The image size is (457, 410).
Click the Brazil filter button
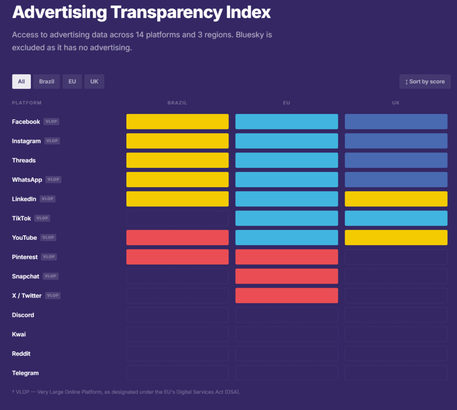click(x=46, y=82)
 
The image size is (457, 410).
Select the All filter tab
click(x=21, y=82)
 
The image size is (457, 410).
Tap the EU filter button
click(x=72, y=82)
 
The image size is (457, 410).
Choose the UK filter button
click(x=94, y=82)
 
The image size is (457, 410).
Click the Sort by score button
click(x=425, y=82)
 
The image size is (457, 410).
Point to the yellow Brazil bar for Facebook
click(x=177, y=121)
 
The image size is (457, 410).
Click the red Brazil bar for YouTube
click(x=177, y=238)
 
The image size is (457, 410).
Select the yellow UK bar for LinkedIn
click(x=396, y=199)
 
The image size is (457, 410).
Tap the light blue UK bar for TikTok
click(x=396, y=218)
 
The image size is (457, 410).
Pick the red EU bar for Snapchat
click(x=287, y=276)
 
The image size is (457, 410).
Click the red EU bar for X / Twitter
click(x=287, y=296)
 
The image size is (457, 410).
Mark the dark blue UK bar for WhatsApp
click(x=396, y=180)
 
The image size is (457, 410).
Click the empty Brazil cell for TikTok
click(x=177, y=218)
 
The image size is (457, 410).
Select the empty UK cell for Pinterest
click(x=396, y=257)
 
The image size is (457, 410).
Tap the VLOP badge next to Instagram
click(x=52, y=141)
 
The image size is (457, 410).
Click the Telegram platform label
click(x=25, y=373)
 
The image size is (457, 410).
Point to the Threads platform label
click(x=24, y=160)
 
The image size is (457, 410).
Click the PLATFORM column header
click(x=27, y=103)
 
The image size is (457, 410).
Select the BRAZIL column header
click(x=177, y=103)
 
